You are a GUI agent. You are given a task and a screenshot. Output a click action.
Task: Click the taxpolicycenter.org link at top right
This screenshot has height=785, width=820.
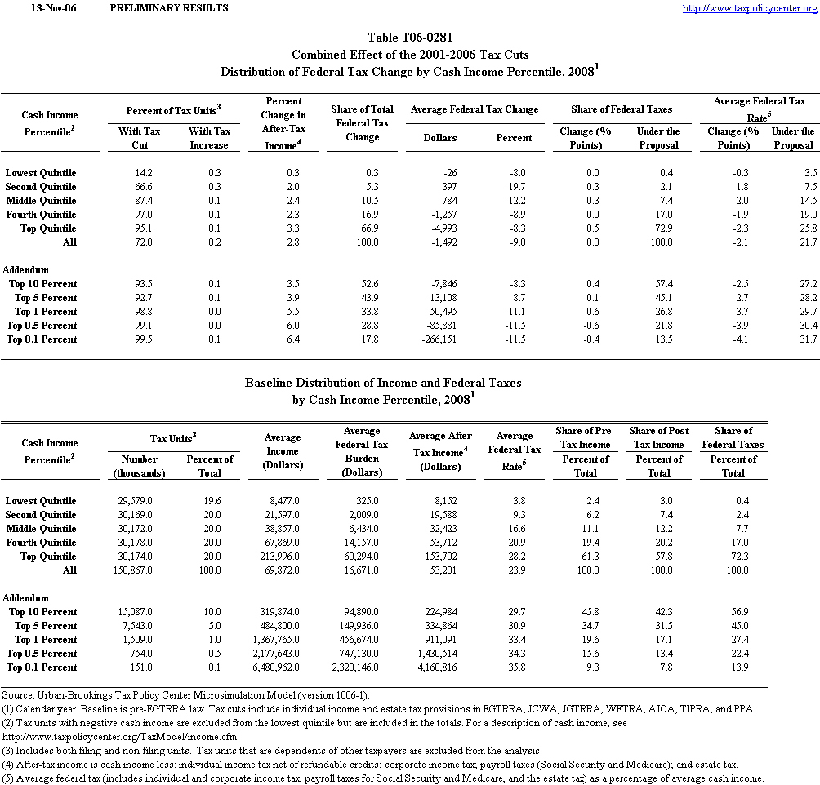click(x=748, y=8)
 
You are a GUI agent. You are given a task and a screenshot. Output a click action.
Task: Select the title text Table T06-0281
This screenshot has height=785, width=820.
click(x=410, y=38)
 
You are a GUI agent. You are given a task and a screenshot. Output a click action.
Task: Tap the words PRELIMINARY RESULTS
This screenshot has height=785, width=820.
click(x=168, y=8)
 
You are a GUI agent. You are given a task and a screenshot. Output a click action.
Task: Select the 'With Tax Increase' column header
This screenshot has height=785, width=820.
click(x=210, y=138)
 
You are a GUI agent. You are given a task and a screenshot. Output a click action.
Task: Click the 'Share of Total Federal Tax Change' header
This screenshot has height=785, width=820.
click(x=362, y=123)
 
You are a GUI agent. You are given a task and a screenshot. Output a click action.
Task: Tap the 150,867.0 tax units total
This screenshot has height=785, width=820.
click(x=131, y=570)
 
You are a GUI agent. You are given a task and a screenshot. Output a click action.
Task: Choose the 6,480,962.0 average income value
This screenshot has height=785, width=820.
click(x=281, y=667)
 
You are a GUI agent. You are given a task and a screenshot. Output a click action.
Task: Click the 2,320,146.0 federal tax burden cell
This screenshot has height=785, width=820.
click(x=358, y=667)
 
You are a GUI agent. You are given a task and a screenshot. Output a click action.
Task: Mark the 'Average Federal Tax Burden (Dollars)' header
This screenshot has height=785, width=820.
click(x=362, y=452)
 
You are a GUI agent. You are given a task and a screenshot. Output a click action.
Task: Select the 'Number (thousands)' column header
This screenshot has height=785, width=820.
click(x=139, y=466)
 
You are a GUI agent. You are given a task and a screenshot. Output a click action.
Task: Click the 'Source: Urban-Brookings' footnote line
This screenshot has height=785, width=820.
click(x=155, y=694)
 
